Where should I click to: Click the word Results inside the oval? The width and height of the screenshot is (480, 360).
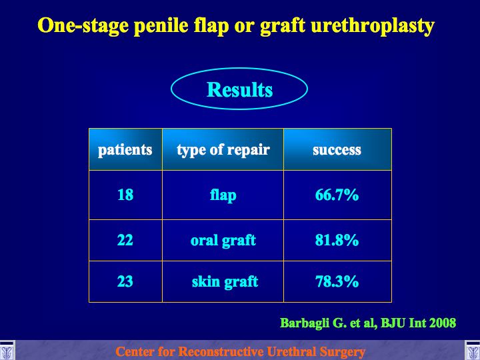(240, 89)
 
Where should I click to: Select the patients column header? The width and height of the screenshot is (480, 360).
(125, 150)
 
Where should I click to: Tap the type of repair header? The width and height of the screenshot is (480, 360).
(223, 150)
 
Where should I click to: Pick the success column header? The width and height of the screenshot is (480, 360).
(337, 150)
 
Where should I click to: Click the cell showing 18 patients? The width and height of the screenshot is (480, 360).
(125, 195)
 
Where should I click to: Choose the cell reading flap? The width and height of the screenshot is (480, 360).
(223, 195)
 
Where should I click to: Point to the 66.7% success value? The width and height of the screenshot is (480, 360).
(337, 195)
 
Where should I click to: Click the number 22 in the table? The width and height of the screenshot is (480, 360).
(125, 240)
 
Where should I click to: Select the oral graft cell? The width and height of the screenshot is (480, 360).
(223, 240)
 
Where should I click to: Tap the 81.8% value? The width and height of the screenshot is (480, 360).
(337, 240)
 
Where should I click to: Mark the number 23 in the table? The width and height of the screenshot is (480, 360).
(125, 281)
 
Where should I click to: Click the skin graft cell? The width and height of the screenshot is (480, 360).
(225, 281)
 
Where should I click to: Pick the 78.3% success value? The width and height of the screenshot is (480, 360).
(337, 281)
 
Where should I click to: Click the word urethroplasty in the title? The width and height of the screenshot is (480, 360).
(373, 26)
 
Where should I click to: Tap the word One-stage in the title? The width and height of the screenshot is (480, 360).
(83, 26)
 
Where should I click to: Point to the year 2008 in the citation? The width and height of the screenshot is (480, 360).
(443, 323)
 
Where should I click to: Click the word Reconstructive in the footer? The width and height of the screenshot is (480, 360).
(221, 352)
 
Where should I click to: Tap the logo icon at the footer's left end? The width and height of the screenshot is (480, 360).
(7, 351)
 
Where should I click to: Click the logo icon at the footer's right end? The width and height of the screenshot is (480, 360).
(473, 351)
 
